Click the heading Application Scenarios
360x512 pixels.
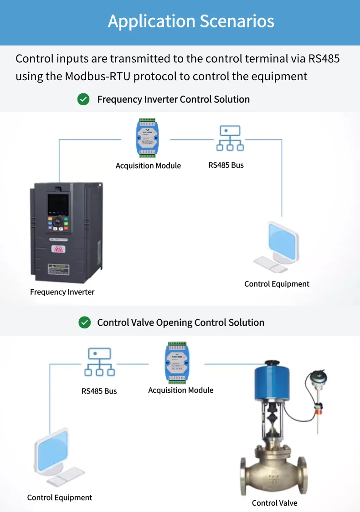[x=191, y=21]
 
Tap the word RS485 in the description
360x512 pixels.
[x=324, y=58]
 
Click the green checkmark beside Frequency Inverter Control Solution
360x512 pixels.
[x=83, y=99]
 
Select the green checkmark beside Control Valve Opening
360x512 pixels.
[x=84, y=323]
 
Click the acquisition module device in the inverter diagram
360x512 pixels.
[x=148, y=138]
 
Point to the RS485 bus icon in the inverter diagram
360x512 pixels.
[x=230, y=138]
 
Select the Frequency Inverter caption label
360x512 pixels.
[x=62, y=292]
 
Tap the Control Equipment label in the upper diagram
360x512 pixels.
[x=277, y=284]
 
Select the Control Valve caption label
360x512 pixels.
[x=274, y=503]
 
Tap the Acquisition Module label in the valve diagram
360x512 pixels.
[x=180, y=390]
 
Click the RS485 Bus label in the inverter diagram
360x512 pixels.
[x=226, y=165]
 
